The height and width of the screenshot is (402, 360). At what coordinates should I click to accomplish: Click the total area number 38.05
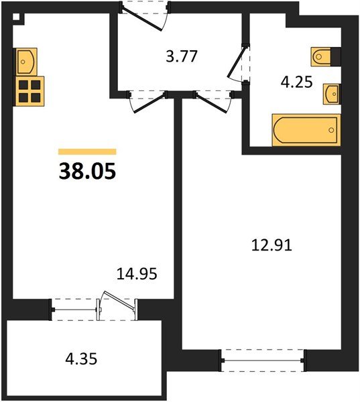(x=88, y=172)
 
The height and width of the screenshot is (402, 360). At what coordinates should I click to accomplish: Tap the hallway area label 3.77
(x=182, y=56)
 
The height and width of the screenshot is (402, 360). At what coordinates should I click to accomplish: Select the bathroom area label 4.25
(x=296, y=82)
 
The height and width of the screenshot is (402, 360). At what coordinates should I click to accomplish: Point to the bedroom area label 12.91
(x=272, y=245)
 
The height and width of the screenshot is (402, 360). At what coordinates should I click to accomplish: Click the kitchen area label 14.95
(x=137, y=274)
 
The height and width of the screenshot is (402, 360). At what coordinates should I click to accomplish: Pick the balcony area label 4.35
(x=81, y=359)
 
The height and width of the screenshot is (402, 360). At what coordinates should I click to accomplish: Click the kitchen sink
(x=26, y=62)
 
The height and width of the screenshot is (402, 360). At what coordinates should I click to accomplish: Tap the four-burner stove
(x=29, y=91)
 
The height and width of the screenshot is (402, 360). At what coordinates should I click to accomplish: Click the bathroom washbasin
(x=331, y=94)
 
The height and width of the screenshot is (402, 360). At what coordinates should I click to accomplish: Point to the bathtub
(x=306, y=130)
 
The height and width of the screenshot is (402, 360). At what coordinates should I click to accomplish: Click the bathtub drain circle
(x=331, y=130)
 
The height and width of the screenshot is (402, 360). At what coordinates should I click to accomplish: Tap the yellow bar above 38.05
(x=87, y=152)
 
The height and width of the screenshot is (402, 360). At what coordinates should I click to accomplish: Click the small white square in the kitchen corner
(x=16, y=17)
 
